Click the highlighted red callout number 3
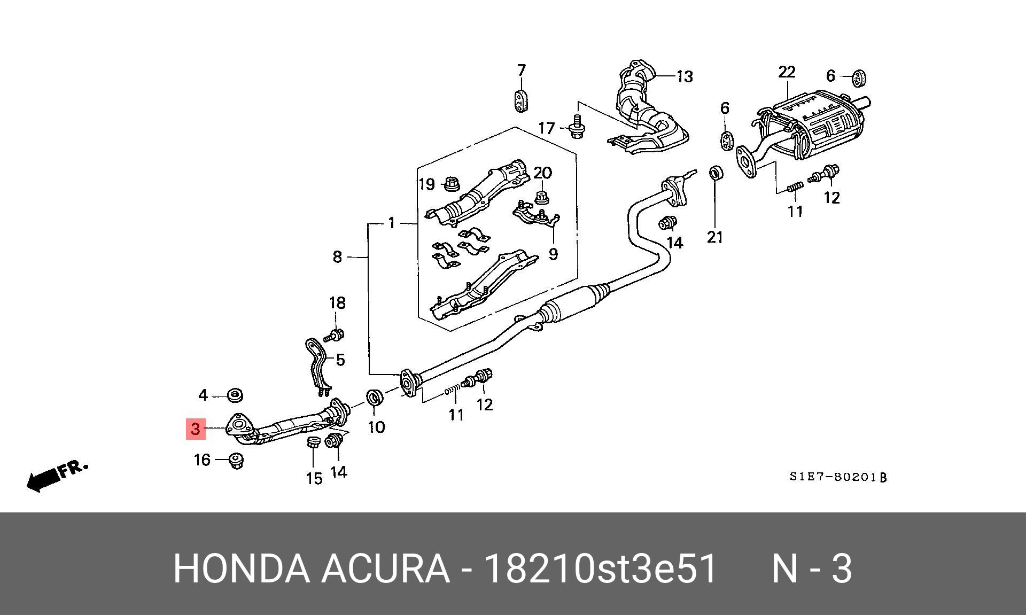tap(196, 429)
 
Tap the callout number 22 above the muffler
tap(787, 72)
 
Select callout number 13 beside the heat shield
tap(685, 77)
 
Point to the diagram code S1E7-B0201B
tap(838, 477)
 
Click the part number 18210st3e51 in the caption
tap(600, 569)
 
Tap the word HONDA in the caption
tap(241, 569)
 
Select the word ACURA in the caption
tap(385, 569)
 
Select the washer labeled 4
tap(235, 396)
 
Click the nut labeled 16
tap(236, 461)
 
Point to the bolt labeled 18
tap(335, 336)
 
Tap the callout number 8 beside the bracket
tap(337, 257)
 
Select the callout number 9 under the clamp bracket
tap(553, 254)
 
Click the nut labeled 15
tap(313, 443)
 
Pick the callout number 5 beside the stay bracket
tap(340, 360)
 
